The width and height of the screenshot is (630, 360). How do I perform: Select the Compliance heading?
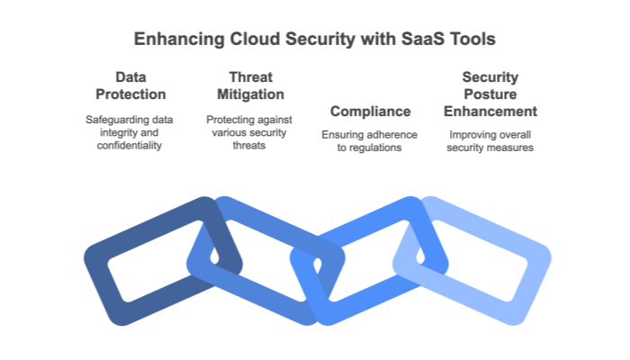tap(371, 112)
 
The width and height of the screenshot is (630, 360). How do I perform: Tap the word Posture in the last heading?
tap(490, 94)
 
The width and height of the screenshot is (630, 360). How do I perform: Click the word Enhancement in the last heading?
tap(490, 112)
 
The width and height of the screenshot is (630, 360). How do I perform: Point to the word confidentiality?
tap(129, 146)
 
